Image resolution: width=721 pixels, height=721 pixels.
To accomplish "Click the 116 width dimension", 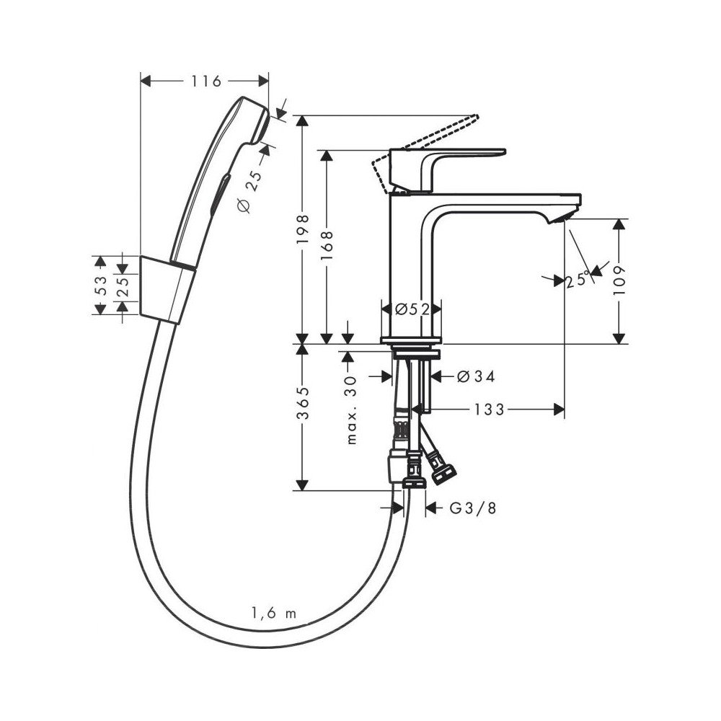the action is point(206,81).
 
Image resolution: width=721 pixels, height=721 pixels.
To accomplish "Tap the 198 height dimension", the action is point(303,229).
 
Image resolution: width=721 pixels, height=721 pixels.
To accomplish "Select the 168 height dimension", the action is point(327,246).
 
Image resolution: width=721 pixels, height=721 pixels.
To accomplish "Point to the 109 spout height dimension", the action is point(620,280).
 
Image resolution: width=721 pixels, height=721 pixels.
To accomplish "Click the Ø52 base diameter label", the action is point(412,309).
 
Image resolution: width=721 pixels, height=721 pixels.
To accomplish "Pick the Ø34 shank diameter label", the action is point(477,376).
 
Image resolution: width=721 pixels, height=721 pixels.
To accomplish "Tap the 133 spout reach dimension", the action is point(490,409).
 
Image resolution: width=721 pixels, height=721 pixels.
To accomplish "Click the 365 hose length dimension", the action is point(303,404).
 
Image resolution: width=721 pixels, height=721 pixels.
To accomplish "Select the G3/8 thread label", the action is point(473,508).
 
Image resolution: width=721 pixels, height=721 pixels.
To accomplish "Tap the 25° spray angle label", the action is point(578,279).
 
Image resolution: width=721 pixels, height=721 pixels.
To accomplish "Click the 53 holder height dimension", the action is point(101,285).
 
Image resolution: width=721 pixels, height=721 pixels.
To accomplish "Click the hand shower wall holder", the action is point(167,290).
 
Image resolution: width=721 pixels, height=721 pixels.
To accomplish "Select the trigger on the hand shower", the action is point(220,193).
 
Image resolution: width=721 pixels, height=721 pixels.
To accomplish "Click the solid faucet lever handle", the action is point(447,169).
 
